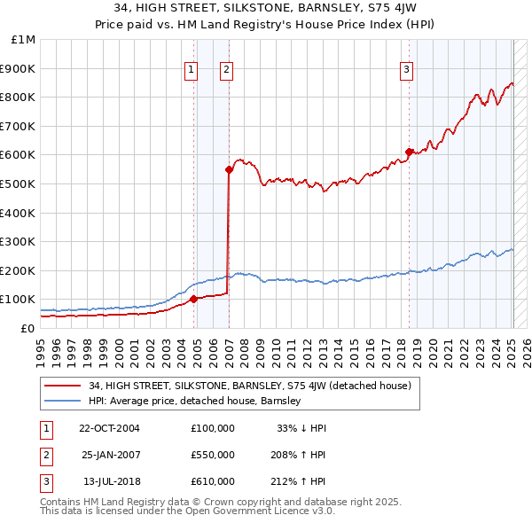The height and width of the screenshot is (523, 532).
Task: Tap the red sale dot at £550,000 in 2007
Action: pos(228,168)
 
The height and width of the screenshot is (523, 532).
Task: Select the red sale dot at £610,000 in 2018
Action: pos(409,152)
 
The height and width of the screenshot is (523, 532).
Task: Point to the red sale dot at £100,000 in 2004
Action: pos(193,299)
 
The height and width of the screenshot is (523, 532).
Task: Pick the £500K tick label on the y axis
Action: pos(19,183)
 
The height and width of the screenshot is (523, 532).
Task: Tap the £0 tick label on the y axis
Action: pos(27,328)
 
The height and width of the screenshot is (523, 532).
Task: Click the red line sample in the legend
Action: pos(63,386)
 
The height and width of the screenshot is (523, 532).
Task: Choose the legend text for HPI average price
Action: pos(195,401)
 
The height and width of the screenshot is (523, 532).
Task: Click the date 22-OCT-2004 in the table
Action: pos(109,427)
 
